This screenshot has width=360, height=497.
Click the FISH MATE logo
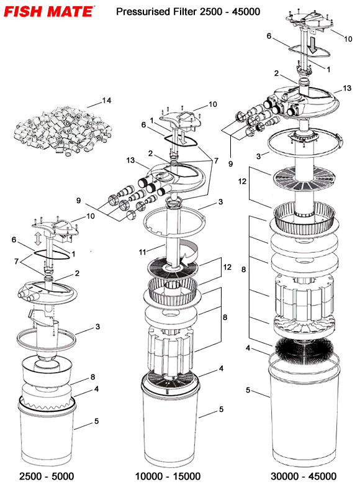[48, 11]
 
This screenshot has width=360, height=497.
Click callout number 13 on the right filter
[339, 89]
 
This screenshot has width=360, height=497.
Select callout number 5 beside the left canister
[96, 421]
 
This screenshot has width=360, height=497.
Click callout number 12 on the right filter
[243, 181]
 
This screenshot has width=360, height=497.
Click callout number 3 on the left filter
[97, 326]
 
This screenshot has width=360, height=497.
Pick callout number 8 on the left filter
[92, 376]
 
